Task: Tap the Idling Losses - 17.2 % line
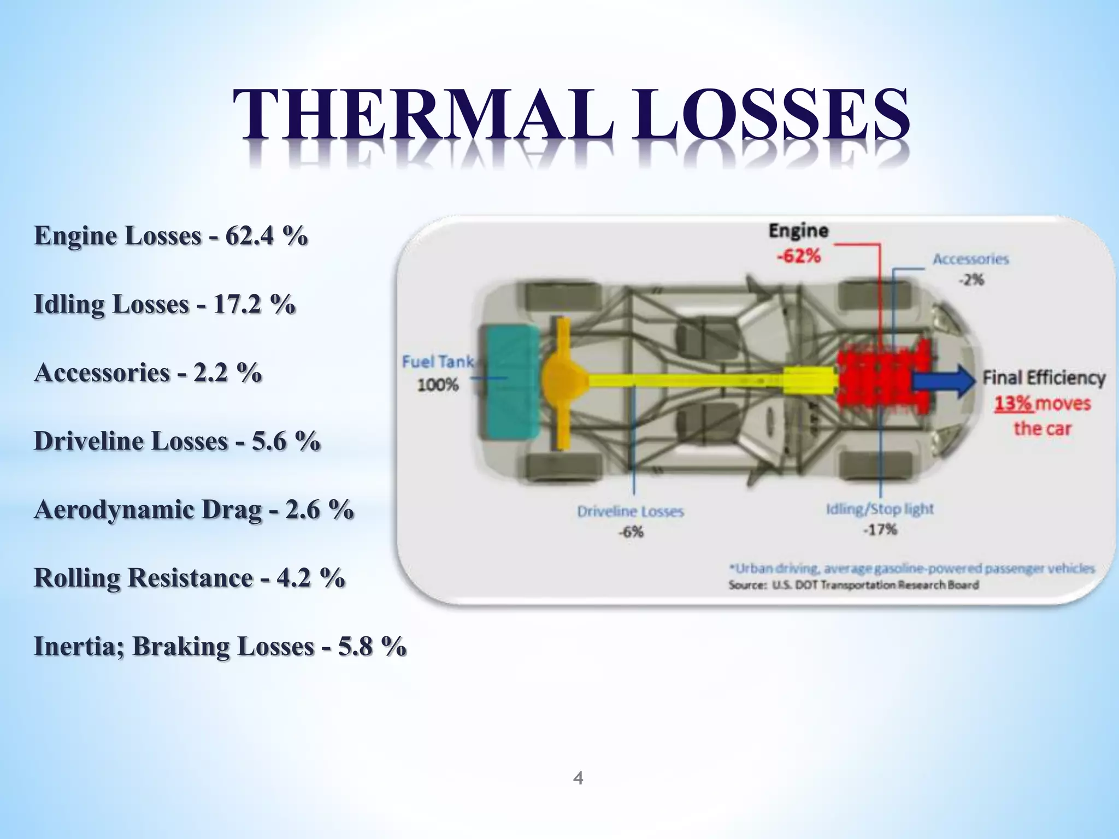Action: click(x=164, y=304)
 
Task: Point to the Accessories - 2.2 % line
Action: click(x=148, y=373)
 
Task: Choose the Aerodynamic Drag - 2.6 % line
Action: click(x=193, y=510)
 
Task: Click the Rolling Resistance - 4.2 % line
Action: click(x=189, y=578)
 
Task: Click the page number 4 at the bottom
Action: click(x=578, y=778)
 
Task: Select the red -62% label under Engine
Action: click(x=799, y=256)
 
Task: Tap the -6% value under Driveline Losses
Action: click(x=631, y=532)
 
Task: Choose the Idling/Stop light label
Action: click(x=880, y=509)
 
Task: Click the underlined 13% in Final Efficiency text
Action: click(x=1012, y=404)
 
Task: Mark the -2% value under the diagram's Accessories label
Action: click(x=971, y=280)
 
